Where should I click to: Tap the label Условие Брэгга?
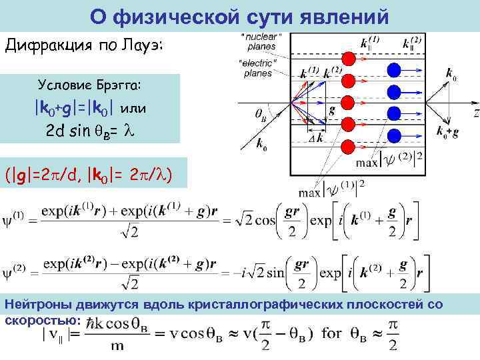pos(93,86)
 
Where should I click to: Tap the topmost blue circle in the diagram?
pos(393,69)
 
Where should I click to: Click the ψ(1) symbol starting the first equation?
pos(15,217)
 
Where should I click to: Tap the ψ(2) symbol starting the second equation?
pos(15,271)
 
